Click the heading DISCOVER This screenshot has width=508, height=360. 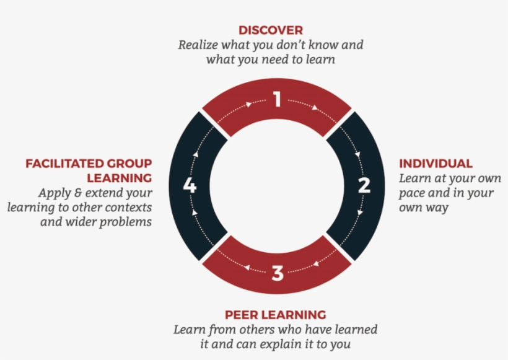pyautogui.click(x=271, y=30)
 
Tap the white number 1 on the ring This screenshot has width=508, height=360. pyautogui.click(x=277, y=100)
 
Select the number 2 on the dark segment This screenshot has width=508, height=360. pyautogui.click(x=364, y=185)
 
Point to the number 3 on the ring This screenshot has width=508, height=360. pyautogui.click(x=278, y=272)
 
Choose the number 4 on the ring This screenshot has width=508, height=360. pyautogui.click(x=190, y=185)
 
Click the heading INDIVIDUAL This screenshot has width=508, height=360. pyautogui.click(x=436, y=164)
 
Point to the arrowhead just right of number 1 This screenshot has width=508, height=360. pyautogui.click(x=315, y=107)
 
